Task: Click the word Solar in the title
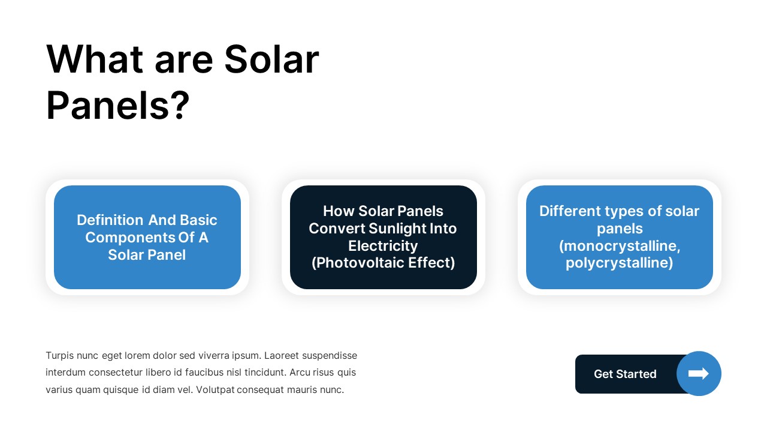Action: coord(271,59)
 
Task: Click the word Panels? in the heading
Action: coord(117,106)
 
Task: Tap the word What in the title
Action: coord(95,59)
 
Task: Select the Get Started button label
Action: coord(625,374)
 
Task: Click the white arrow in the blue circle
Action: coord(699,374)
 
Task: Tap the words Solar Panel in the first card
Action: coord(147,255)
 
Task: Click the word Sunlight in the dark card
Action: coord(398,229)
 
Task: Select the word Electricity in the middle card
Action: coord(383,246)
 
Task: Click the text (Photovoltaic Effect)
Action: coord(383,263)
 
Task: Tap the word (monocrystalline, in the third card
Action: coord(619,246)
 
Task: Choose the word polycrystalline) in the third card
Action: coord(619,263)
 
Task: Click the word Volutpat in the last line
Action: coord(258,390)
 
